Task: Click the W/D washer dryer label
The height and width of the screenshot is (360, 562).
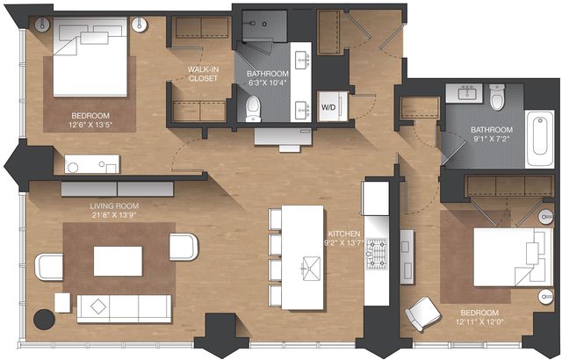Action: [328, 107]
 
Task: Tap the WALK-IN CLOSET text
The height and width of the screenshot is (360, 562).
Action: [203, 74]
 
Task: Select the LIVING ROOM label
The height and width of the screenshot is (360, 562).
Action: [114, 206]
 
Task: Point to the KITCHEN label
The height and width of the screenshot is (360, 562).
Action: [344, 234]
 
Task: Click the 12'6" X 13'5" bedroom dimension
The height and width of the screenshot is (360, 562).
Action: [90, 125]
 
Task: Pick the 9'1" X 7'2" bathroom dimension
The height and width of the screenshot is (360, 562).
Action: [492, 139]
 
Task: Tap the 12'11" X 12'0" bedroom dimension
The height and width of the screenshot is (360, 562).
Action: [479, 321]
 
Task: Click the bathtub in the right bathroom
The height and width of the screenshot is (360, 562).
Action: [540, 139]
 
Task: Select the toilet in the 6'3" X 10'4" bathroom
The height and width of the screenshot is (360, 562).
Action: [254, 109]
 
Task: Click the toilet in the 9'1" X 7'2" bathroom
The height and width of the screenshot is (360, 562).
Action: [497, 97]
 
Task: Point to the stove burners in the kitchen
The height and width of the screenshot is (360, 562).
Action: [377, 254]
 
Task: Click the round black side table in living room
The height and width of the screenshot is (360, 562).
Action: [44, 320]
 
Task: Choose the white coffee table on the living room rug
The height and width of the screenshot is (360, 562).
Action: [118, 261]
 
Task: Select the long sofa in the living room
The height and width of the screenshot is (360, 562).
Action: [124, 309]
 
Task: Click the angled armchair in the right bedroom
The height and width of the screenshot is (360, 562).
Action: [422, 313]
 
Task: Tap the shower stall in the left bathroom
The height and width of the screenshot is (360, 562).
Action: [264, 26]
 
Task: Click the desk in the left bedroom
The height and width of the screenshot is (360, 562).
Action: [91, 164]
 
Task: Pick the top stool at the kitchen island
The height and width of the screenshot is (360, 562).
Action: [275, 219]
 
